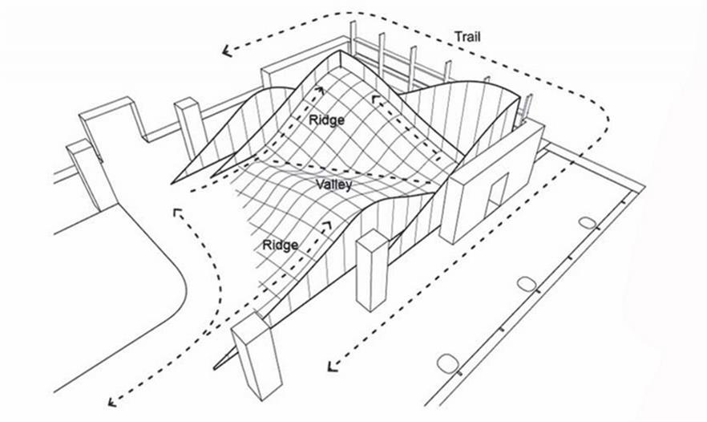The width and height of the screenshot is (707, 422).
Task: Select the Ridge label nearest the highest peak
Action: click(x=326, y=120)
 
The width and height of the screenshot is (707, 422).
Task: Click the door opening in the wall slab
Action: click(x=497, y=196)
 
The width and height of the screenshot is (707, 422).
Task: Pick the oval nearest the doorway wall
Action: click(x=588, y=223)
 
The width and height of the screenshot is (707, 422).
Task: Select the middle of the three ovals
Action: click(x=527, y=282)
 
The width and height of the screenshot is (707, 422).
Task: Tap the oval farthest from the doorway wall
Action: click(x=446, y=362)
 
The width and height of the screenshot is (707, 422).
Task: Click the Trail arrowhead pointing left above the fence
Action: click(x=228, y=51)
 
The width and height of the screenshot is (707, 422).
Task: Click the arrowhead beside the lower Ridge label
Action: click(x=327, y=221)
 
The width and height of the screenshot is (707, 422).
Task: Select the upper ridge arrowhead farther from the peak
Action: click(x=374, y=99)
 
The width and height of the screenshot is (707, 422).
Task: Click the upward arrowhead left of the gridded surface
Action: click(x=176, y=213)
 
